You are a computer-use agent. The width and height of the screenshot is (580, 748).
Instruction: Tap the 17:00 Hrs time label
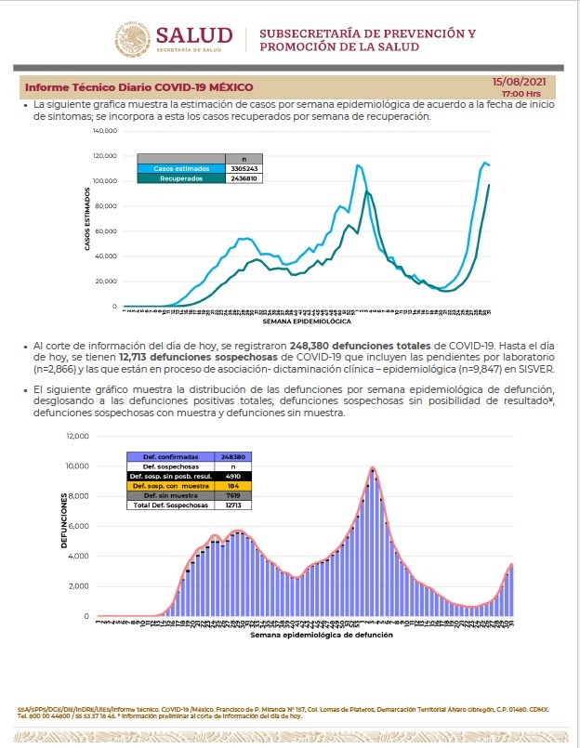tap(521, 94)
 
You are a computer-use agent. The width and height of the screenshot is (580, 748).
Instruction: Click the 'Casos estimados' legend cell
tap(182, 168)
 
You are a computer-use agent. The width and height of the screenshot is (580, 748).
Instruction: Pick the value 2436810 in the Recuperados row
tap(244, 177)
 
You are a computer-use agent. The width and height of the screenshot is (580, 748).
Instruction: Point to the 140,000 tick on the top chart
tap(104, 130)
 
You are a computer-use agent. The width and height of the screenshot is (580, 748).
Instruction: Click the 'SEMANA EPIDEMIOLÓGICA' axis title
tap(307, 321)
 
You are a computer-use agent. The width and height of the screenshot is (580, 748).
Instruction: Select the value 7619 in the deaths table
tap(233, 496)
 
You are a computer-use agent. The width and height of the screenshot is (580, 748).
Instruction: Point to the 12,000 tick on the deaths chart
tap(76, 436)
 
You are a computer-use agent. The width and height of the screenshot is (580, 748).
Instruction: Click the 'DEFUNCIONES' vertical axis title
tap(65, 526)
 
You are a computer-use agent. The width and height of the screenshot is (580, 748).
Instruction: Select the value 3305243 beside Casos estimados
tap(244, 168)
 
